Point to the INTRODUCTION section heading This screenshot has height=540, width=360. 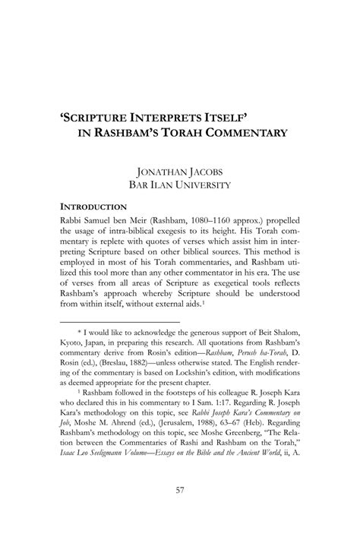coord(93,207)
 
